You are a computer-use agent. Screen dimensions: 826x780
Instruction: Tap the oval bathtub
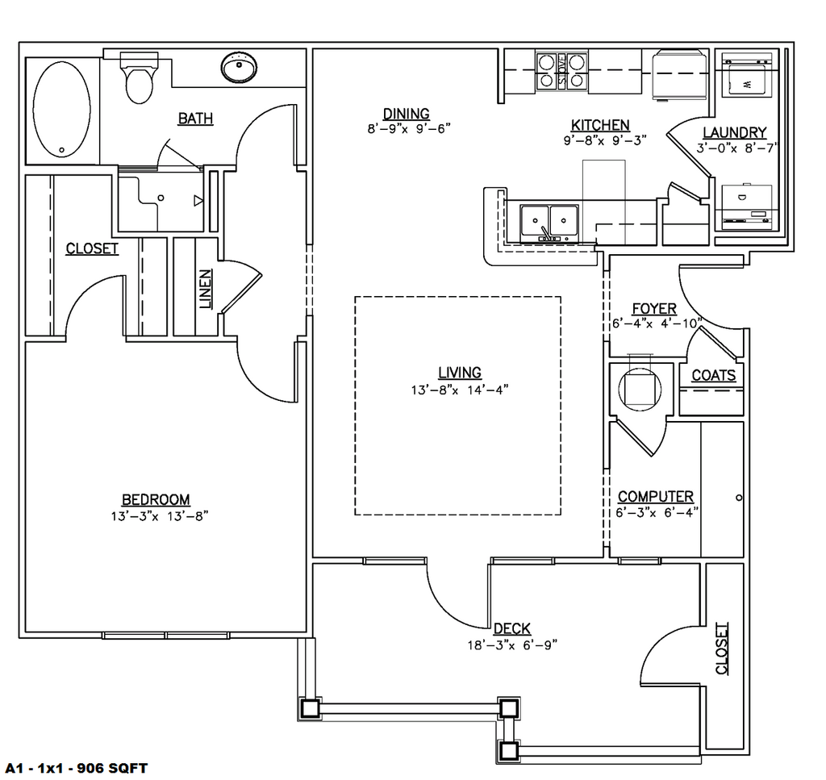[x=61, y=110]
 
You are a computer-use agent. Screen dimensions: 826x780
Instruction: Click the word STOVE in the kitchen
[x=562, y=70]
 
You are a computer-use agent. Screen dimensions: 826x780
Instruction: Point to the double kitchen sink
[x=549, y=223]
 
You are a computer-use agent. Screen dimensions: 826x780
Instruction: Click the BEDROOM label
[x=156, y=499]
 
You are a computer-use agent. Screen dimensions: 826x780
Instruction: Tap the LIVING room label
[x=460, y=373]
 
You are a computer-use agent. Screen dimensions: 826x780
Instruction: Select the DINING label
[x=407, y=114]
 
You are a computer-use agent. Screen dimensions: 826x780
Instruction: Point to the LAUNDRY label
[x=734, y=132]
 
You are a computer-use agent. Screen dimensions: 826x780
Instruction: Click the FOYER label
[x=654, y=309]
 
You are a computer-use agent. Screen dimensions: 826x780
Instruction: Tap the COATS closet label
[x=714, y=376]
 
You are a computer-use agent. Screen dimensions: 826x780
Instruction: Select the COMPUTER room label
[x=656, y=497]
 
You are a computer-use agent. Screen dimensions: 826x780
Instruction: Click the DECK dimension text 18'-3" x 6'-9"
[x=512, y=645]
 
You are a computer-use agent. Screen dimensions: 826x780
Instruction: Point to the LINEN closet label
[x=206, y=289]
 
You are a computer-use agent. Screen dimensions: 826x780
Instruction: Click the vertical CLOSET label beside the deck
[x=722, y=649]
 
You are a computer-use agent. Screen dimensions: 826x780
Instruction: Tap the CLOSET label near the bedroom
[x=92, y=248]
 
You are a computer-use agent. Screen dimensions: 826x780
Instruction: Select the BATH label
[x=195, y=119]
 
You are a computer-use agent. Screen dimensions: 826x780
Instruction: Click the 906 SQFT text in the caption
[x=112, y=769]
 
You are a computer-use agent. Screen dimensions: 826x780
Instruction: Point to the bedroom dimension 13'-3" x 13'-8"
[x=160, y=516]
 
